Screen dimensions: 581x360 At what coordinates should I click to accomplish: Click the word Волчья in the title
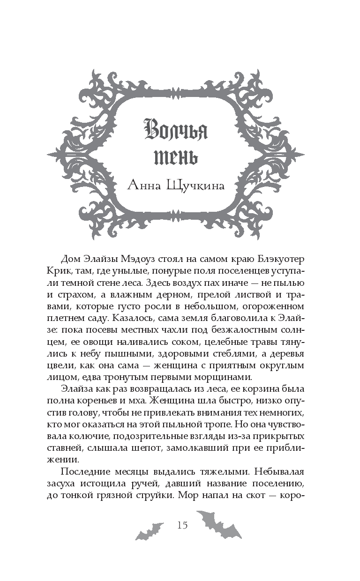click(x=176, y=131)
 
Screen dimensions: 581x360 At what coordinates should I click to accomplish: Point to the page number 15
click(x=182, y=525)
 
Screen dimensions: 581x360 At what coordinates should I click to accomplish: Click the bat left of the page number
click(x=150, y=530)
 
